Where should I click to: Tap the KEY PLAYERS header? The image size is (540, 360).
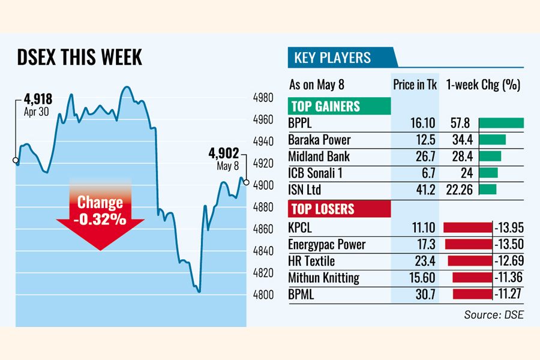click(x=332, y=58)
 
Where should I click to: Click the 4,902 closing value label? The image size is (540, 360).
click(x=224, y=152)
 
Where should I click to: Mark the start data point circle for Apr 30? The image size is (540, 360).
click(x=16, y=160)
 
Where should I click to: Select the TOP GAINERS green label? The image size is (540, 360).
click(x=326, y=107)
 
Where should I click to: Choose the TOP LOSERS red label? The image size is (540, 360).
click(x=323, y=209)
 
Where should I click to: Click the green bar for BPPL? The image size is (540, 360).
click(x=501, y=124)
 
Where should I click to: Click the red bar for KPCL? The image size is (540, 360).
click(x=466, y=227)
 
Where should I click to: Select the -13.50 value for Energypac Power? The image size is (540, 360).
click(x=507, y=245)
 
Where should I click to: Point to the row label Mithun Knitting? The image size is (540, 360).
click(x=323, y=278)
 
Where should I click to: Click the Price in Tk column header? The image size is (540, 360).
click(x=415, y=85)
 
